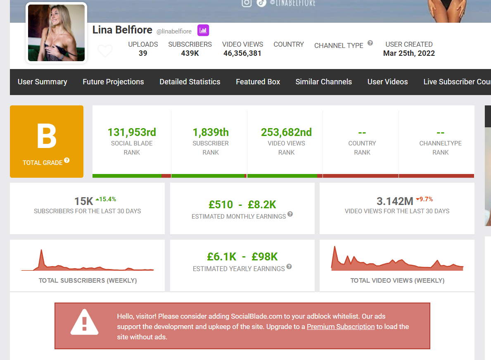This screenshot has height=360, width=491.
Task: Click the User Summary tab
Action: click(42, 82)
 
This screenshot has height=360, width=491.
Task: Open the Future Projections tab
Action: click(114, 82)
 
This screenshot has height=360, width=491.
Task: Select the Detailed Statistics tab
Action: click(190, 82)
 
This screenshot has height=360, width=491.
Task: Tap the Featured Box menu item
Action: click(258, 82)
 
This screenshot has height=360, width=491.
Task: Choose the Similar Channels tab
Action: click(324, 82)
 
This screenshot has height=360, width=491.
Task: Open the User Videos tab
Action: click(388, 82)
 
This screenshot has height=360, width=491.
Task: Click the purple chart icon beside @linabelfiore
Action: click(203, 31)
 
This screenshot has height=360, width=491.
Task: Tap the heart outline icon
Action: click(105, 51)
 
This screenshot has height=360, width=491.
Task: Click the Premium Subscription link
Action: click(341, 327)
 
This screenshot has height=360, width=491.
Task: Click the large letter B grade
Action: click(47, 136)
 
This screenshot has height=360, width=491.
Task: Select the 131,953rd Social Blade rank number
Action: click(132, 132)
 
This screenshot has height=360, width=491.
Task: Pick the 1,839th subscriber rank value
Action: click(211, 132)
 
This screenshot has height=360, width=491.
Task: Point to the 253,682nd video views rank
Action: click(287, 132)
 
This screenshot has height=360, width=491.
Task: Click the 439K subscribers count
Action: click(190, 53)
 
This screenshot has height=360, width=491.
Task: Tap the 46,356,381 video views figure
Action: click(242, 53)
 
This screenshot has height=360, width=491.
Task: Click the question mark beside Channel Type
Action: click(370, 43)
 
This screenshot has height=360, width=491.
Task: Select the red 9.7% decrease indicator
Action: click(424, 199)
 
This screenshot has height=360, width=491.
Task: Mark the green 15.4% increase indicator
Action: click(106, 199)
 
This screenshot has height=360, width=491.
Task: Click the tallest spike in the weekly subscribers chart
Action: click(41, 250)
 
